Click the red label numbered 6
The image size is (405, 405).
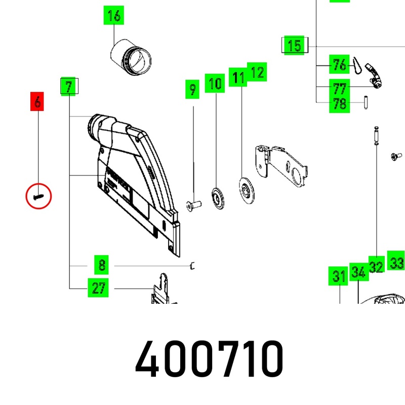tap(37, 101)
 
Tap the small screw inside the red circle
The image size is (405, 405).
tap(38, 197)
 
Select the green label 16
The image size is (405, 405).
tap(114, 15)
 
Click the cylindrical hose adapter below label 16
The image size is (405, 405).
tap(131, 57)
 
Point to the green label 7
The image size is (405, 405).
tap(68, 86)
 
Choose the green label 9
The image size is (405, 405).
tap(192, 89)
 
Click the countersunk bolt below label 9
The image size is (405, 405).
tap(194, 206)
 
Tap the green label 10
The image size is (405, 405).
tap(215, 83)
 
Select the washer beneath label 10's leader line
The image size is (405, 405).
tap(218, 198)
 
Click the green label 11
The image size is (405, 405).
tap(238, 77)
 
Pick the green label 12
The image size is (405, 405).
tap(257, 72)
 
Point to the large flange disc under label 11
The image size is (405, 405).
tap(247, 190)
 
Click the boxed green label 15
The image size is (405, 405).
tap(295, 45)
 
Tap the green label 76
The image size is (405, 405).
tap(339, 64)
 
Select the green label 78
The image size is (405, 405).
tap(339, 103)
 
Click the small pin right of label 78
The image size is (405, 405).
tap(366, 103)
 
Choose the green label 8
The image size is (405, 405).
tap(102, 265)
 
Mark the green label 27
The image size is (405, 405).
tap(98, 288)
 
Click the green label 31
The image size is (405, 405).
tap(338, 276)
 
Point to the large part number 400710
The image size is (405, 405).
tap(209, 359)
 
